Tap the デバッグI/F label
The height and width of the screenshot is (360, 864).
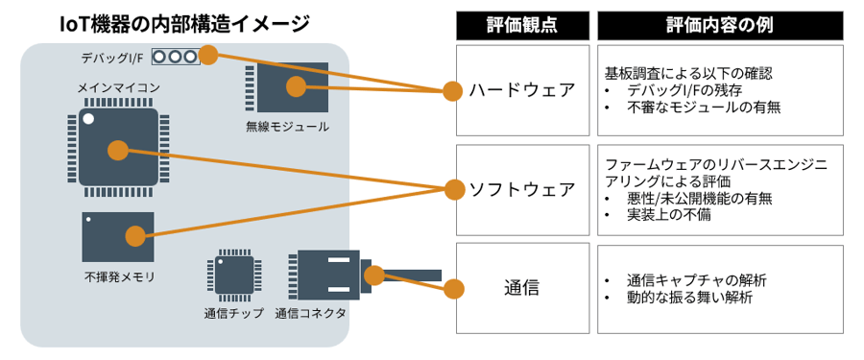(x=114, y=58)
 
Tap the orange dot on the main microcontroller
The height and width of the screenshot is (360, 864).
(x=117, y=150)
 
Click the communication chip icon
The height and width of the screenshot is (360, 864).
(x=232, y=276)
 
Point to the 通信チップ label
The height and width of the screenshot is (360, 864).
(x=233, y=313)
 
